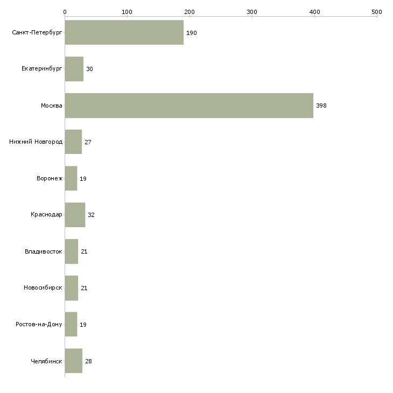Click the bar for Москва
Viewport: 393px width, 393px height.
pos(188,106)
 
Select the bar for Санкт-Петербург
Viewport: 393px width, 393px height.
pos(124,33)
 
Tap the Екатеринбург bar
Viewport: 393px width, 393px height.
pos(74,69)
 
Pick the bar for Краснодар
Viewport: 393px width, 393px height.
pos(75,215)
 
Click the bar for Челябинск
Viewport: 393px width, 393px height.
pos(73,361)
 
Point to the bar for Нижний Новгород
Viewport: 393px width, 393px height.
pos(73,142)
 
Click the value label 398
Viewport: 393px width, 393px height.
pos(321,106)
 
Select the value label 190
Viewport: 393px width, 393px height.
pos(192,33)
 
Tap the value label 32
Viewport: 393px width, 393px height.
pos(91,215)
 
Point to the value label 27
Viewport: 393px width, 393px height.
pos(88,142)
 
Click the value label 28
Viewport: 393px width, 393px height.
pos(88,361)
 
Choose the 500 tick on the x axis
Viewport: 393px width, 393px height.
pos(377,11)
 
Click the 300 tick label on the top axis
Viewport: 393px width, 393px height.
pos(252,11)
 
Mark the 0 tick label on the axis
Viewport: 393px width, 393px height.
pos(65,11)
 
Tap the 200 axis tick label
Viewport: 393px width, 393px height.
pos(190,11)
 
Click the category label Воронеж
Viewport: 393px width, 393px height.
pos(49,178)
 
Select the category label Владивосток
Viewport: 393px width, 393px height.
pos(44,251)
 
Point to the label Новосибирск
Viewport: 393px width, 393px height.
pos(43,288)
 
